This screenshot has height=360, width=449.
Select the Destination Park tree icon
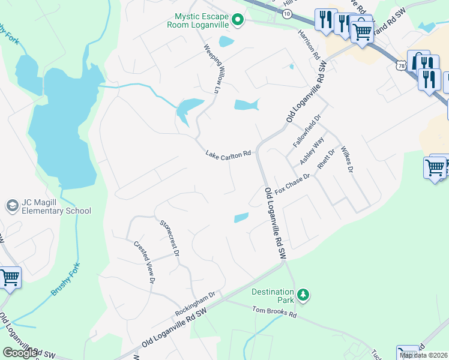tap(304, 295)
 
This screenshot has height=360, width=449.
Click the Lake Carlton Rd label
tap(228, 155)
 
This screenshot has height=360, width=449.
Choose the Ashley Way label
tap(312, 151)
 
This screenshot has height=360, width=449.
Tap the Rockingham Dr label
tap(195, 305)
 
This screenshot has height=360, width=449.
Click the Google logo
tap(19, 353)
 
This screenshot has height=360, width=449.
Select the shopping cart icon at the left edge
tap(8, 278)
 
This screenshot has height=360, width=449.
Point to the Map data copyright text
tap(424, 355)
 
